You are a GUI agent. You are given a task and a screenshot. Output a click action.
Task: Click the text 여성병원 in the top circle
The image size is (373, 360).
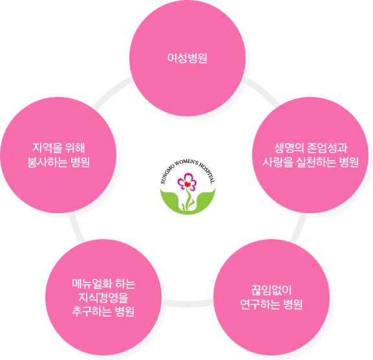click(187, 58)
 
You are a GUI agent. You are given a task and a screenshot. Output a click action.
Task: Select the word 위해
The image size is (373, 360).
click(76, 147)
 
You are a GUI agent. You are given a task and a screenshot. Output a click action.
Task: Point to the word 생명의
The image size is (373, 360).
click(289, 147)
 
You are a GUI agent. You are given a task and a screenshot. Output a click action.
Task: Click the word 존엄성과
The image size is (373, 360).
click(327, 147)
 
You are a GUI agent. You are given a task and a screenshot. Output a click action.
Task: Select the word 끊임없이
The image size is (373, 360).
click(272, 290)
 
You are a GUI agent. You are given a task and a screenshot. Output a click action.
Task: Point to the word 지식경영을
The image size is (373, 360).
click(103, 298)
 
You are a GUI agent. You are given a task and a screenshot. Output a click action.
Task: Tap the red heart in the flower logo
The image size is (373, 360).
click(187, 184)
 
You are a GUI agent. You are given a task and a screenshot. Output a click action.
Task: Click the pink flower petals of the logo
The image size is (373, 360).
click(187, 182)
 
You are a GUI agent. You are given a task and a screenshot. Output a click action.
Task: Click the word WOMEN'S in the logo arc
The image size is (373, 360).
click(186, 164)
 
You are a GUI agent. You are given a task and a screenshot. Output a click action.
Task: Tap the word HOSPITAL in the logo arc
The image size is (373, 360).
click(207, 174)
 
